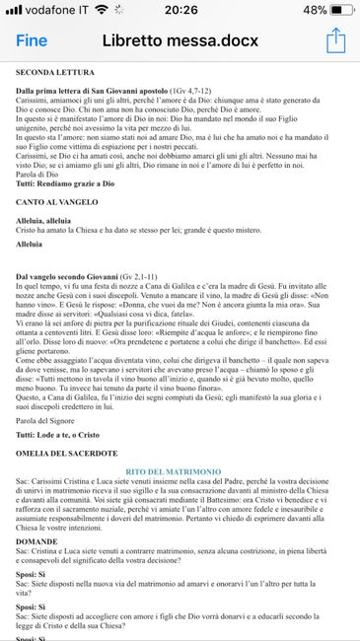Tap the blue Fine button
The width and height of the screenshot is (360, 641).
point(33,41)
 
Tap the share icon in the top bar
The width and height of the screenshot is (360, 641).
point(336,40)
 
